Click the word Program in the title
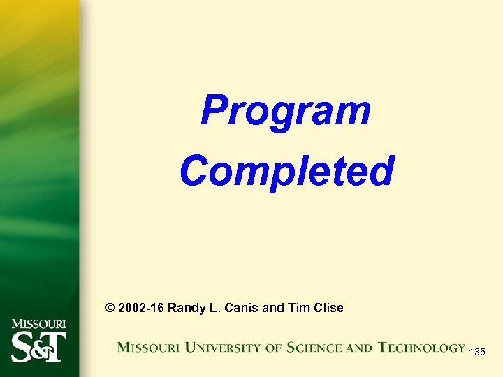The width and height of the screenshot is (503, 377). click(x=286, y=112)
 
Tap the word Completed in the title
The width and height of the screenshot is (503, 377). click(x=286, y=171)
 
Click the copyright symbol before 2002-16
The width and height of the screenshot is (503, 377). click(x=109, y=308)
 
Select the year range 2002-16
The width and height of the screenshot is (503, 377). click(x=141, y=308)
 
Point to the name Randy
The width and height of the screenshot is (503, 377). click(x=187, y=308)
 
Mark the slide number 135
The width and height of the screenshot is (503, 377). click(x=477, y=353)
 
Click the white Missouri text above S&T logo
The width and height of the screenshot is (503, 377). click(x=39, y=325)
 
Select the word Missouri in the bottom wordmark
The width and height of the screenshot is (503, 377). click(x=145, y=347)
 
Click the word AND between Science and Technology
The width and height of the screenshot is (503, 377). click(x=358, y=347)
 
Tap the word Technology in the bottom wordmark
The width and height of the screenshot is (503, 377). click(x=421, y=347)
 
